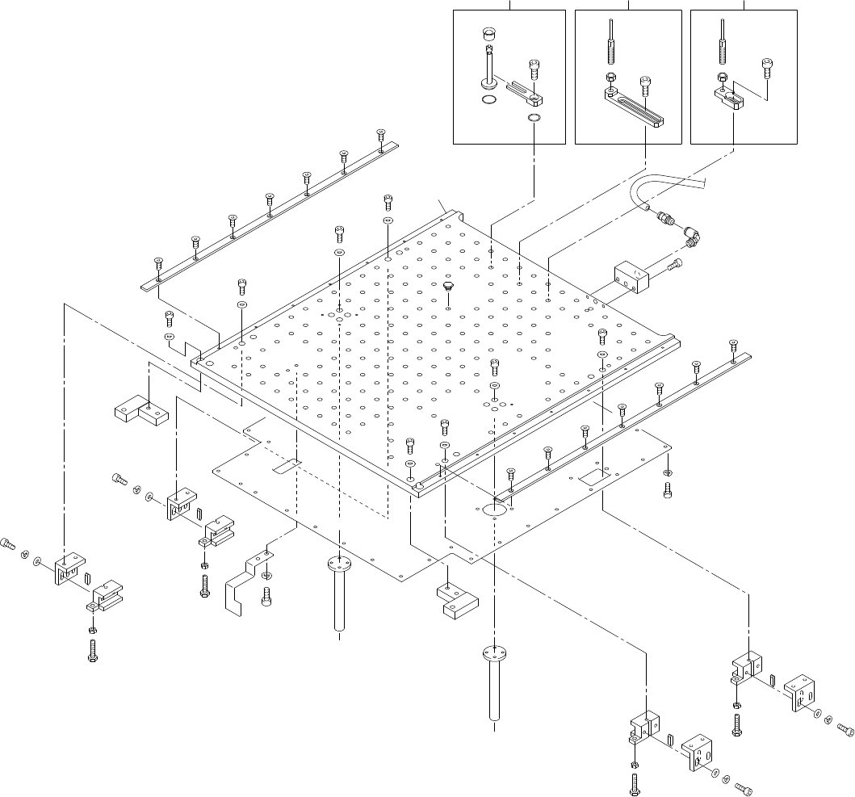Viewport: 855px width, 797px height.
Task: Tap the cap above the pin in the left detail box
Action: (488, 35)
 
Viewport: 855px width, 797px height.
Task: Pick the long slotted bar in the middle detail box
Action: (635, 106)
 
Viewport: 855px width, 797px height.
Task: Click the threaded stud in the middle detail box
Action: (611, 50)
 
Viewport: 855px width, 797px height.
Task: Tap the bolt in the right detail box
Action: (767, 69)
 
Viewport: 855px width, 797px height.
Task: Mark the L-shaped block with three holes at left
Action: (140, 413)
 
